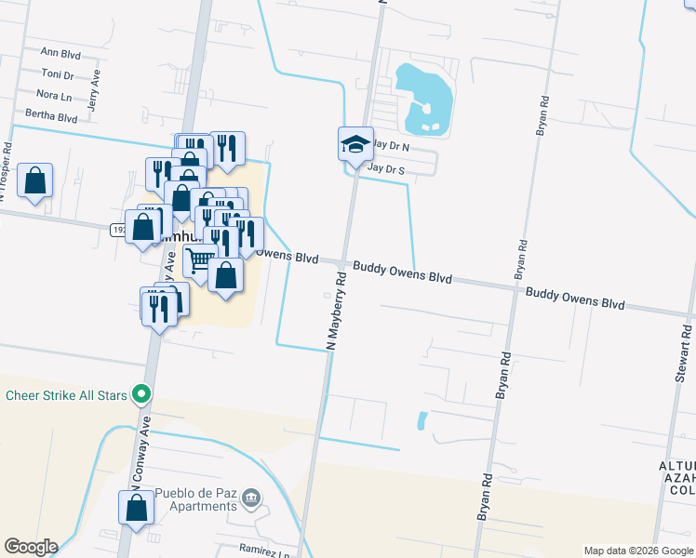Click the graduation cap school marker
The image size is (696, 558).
(x=355, y=144)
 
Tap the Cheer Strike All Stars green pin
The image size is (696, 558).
(x=141, y=395)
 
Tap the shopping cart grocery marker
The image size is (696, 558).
(x=199, y=261)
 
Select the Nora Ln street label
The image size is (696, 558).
(x=53, y=95)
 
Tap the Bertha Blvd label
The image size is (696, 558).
(x=51, y=117)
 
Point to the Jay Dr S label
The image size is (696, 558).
(x=386, y=169)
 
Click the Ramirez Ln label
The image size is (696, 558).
(x=264, y=550)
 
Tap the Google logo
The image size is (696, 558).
(x=31, y=547)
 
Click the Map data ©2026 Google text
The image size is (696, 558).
(x=637, y=551)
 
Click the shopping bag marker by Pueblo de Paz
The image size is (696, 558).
(x=136, y=508)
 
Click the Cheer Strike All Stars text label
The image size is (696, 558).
(x=65, y=395)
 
